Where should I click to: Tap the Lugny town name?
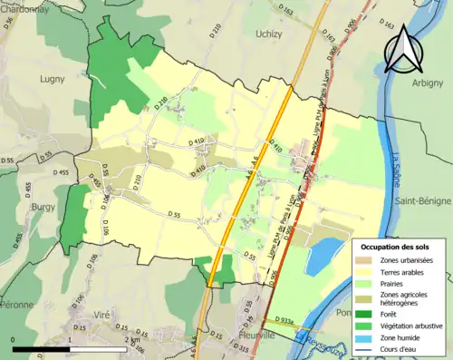[52, 79]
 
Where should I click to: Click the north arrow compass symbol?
[401, 48]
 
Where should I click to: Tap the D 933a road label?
[282, 320]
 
